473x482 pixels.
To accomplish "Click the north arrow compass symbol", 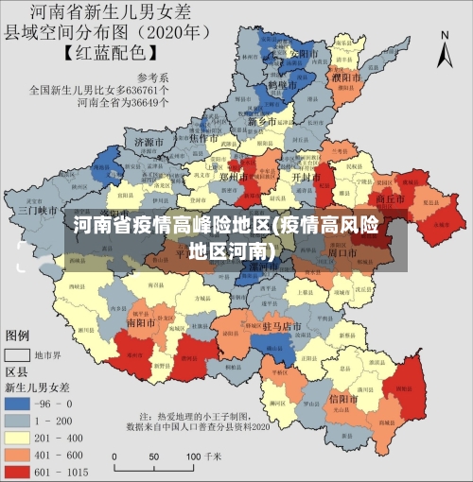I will tap(445, 47).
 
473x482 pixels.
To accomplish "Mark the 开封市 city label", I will tap(303, 177).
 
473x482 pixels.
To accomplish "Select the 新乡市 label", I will tap(262, 122).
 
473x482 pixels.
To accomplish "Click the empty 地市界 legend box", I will tap(17, 355).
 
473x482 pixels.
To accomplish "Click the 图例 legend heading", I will tap(18, 336).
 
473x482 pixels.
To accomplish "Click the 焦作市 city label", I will tap(204, 137).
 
